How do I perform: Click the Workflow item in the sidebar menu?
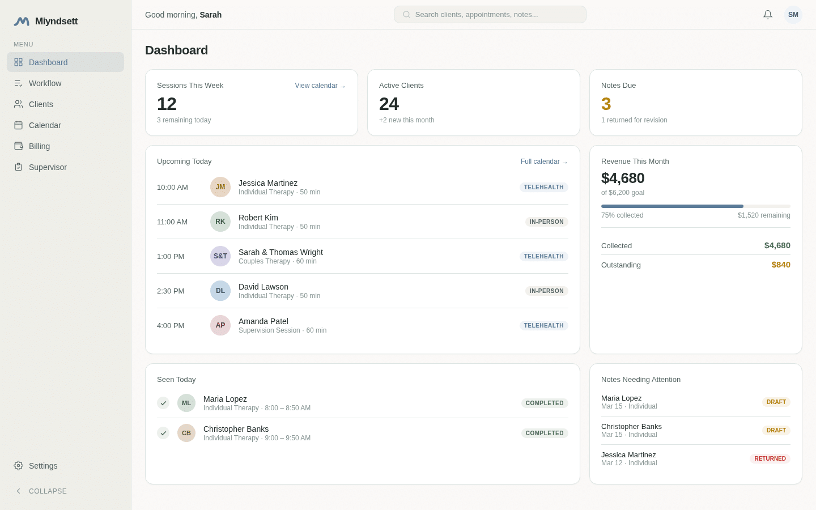tap(45, 83)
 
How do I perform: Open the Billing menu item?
tap(39, 146)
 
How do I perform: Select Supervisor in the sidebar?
tap(48, 167)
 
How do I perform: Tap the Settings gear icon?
tap(19, 466)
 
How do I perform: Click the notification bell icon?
tap(768, 15)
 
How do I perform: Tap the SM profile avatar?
tap(793, 15)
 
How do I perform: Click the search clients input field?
tap(490, 15)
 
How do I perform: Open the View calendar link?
tap(320, 86)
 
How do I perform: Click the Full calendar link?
tap(543, 161)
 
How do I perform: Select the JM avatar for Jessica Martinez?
tap(220, 187)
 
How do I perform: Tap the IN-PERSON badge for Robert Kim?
tap(546, 222)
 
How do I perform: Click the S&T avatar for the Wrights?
tap(220, 256)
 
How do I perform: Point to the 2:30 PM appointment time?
tap(171, 291)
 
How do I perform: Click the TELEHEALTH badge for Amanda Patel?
tap(543, 326)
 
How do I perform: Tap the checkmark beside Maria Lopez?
tap(163, 403)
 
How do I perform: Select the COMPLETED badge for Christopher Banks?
tap(545, 433)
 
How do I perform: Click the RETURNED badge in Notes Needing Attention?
tap(770, 459)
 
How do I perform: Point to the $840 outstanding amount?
tap(780, 265)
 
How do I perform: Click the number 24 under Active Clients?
tap(389, 104)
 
